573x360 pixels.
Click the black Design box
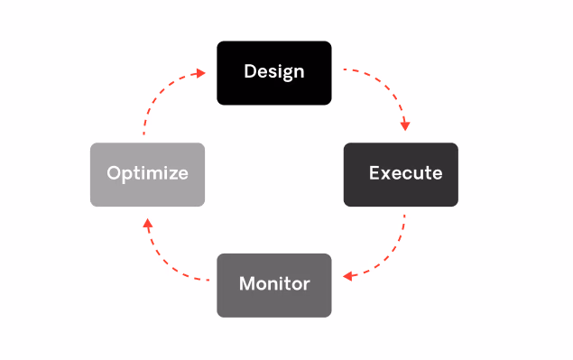[273, 71]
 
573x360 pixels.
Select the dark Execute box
[401, 173]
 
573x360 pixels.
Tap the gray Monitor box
[273, 284]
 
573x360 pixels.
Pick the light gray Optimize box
[147, 173]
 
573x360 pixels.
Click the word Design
[273, 71]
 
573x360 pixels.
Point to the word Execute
[406, 173]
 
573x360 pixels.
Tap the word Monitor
[274, 284]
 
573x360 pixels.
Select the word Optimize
[147, 173]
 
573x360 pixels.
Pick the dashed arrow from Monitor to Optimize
[167, 262]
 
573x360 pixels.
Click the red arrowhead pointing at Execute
[407, 125]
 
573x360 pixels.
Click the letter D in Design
[250, 71]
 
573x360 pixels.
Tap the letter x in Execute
[385, 173]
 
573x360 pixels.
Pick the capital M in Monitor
[246, 284]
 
